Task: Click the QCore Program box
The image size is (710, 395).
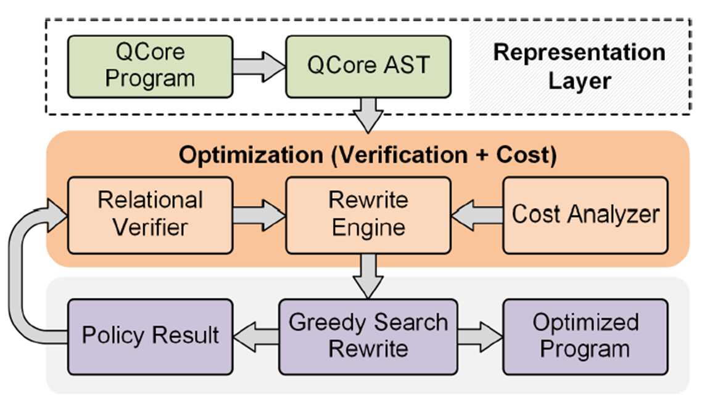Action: (x=150, y=66)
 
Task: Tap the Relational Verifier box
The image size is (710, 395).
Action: (x=150, y=214)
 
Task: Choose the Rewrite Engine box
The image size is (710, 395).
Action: (x=368, y=214)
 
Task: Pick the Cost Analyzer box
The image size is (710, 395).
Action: (x=585, y=214)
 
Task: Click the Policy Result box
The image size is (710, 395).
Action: (x=150, y=336)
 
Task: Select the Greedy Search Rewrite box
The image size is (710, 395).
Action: (x=368, y=336)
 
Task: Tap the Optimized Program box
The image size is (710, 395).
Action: (x=585, y=336)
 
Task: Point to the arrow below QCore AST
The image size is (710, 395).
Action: (x=369, y=115)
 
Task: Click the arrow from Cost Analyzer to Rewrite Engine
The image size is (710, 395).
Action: (x=477, y=214)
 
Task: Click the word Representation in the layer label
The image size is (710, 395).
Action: (x=579, y=53)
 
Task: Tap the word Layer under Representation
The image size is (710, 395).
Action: (x=579, y=81)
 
